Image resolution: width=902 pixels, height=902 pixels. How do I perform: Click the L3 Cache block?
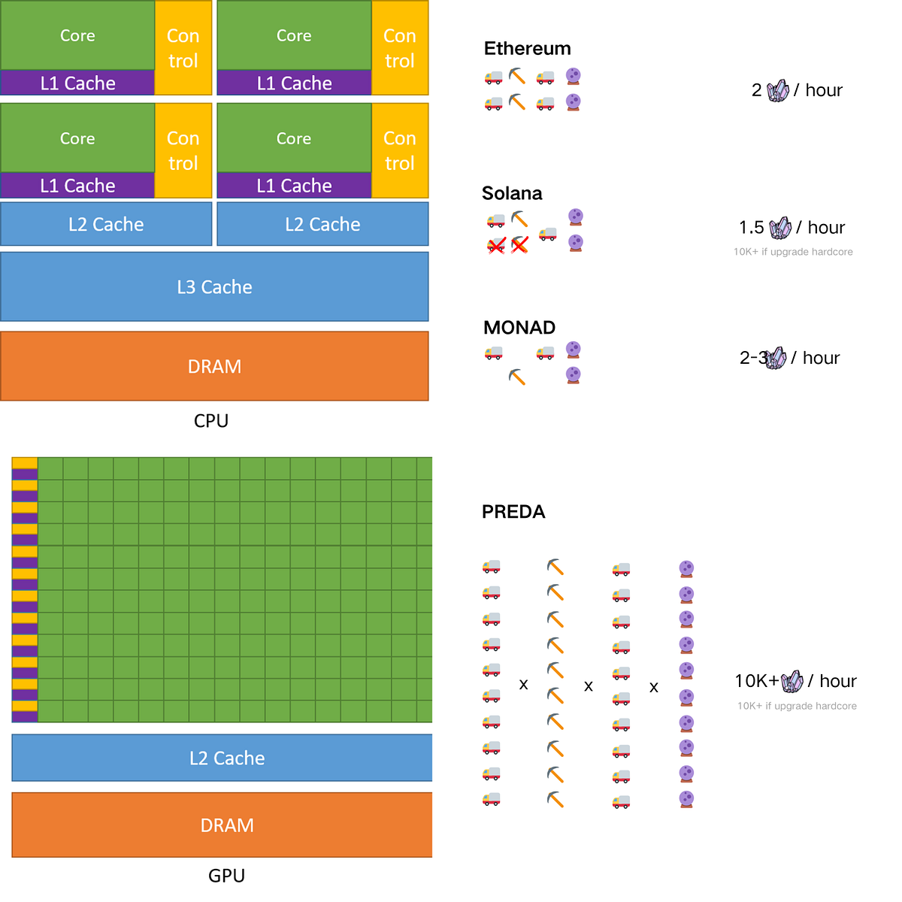[x=214, y=287]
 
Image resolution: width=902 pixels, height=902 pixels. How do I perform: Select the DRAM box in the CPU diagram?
[x=214, y=366]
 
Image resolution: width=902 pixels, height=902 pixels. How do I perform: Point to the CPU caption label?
[x=211, y=421]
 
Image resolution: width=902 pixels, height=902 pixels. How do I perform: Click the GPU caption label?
[x=226, y=876]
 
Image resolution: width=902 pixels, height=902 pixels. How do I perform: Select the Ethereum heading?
[x=527, y=49]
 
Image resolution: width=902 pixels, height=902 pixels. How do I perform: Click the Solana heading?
[x=512, y=193]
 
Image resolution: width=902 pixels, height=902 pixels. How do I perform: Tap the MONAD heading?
[x=519, y=328]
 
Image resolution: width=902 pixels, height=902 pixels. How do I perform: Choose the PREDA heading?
[x=513, y=512]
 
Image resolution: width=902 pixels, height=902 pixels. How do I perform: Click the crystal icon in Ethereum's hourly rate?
[x=778, y=91]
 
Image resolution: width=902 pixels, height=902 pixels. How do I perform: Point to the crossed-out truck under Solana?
[x=496, y=245]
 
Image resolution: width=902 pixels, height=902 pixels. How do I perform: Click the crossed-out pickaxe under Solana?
[x=519, y=244]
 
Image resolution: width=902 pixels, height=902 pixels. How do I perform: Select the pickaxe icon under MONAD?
[x=516, y=377]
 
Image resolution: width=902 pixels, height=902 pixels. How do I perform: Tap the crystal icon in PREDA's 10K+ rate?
[x=792, y=682]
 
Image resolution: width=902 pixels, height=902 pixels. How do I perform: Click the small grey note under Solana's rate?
[x=793, y=252]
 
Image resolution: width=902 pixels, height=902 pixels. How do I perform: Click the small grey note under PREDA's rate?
[x=797, y=706]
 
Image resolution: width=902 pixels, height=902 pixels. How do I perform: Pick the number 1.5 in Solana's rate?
[x=751, y=227]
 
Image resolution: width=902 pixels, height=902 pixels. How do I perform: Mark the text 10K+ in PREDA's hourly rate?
[x=756, y=681]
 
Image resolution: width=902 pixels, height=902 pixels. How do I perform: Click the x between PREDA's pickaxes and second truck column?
[x=589, y=686]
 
